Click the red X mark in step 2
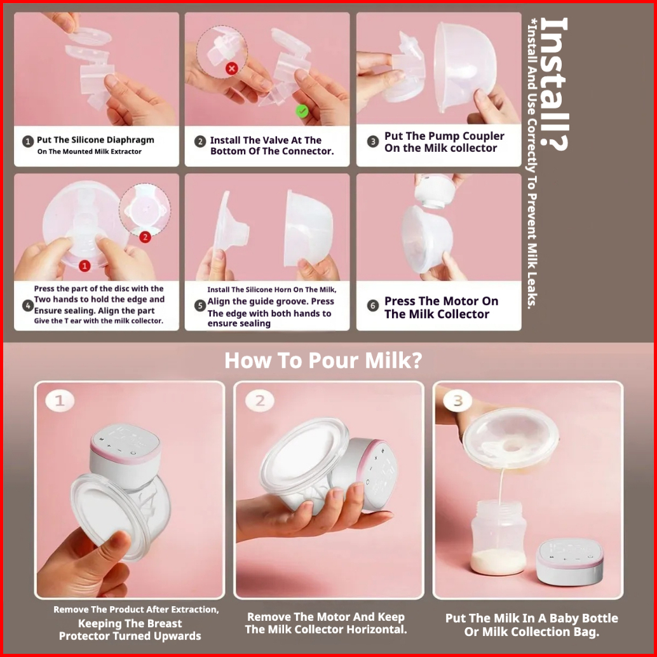pyautogui.click(x=232, y=68)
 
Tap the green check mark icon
pyautogui.click(x=302, y=111)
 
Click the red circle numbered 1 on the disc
pyautogui.click(x=85, y=266)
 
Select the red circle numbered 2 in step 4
pyautogui.click(x=145, y=237)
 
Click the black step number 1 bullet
pyautogui.click(x=28, y=141)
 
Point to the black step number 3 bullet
pyautogui.click(x=372, y=142)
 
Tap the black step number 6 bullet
pyautogui.click(x=372, y=306)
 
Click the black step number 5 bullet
pyautogui.click(x=200, y=306)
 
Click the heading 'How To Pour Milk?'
pyautogui.click(x=323, y=360)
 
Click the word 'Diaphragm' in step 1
pyautogui.click(x=130, y=140)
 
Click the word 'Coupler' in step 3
pyautogui.click(x=484, y=137)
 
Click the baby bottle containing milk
pyautogui.click(x=499, y=537)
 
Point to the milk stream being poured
pyautogui.click(x=500, y=486)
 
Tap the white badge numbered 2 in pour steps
pyautogui.click(x=260, y=401)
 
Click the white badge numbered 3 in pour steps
pyautogui.click(x=458, y=401)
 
